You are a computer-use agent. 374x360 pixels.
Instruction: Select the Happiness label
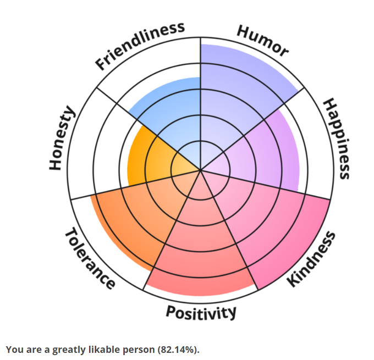(x=336, y=139)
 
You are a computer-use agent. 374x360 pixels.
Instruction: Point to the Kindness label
(x=312, y=258)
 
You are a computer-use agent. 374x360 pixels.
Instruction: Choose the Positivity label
(x=201, y=313)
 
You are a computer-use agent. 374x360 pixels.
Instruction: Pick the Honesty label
(x=61, y=138)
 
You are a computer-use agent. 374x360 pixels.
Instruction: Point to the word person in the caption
(x=137, y=350)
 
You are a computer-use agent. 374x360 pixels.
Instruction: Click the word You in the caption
(x=13, y=350)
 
